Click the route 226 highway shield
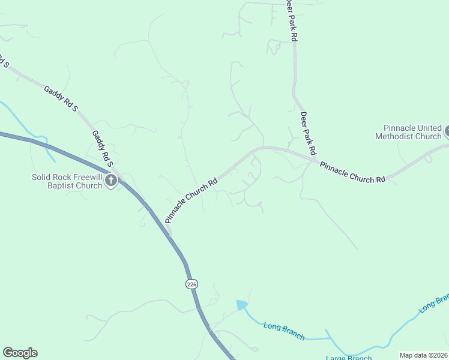click(x=191, y=284)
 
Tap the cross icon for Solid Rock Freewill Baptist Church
click(x=110, y=180)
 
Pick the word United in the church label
click(x=429, y=128)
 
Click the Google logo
click(x=20, y=353)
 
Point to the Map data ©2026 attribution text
click(x=423, y=355)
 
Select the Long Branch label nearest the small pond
click(x=283, y=331)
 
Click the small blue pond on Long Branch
click(x=241, y=305)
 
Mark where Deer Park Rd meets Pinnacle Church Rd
click(x=312, y=160)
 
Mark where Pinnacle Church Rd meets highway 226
click(x=170, y=232)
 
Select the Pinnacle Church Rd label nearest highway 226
click(x=191, y=200)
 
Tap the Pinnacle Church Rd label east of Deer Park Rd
click(x=352, y=172)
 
